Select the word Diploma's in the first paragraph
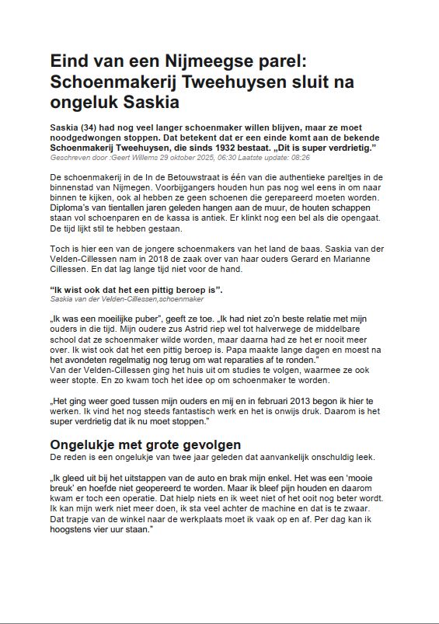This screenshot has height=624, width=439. (71, 218)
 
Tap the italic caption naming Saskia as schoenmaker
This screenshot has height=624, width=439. (127, 299)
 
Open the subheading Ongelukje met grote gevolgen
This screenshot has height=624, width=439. (145, 445)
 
